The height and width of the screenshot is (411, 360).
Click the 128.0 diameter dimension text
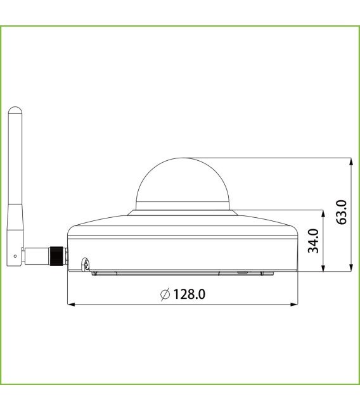[189, 294]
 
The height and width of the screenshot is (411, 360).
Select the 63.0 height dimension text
[342, 212]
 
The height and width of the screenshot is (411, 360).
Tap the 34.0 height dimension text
[313, 241]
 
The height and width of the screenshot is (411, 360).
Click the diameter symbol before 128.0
[165, 294]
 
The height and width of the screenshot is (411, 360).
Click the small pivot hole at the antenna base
[16, 256]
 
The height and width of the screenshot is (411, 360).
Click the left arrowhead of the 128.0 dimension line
[70, 305]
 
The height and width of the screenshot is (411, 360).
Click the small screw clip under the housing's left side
[85, 264]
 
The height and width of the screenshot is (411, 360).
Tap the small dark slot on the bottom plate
[243, 272]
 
